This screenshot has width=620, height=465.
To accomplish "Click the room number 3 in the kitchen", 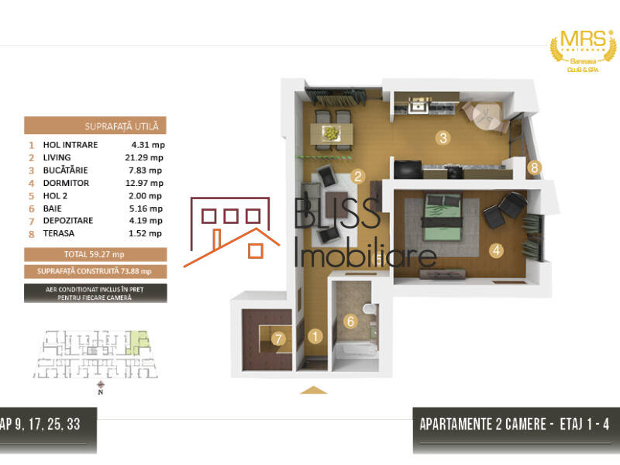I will click(443, 139).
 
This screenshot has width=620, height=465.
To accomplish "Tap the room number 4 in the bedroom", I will click(497, 250).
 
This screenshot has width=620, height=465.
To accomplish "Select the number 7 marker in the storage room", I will click(278, 338).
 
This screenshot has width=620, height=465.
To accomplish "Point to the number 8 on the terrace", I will click(533, 167).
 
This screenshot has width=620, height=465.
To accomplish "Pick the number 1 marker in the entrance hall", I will click(315, 336).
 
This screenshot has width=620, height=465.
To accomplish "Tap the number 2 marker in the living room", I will click(357, 176).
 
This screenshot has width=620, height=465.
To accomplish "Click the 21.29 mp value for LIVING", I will click(147, 157).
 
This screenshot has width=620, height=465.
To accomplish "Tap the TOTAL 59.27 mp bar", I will click(95, 253).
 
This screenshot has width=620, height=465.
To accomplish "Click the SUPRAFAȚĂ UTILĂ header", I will click(95, 126).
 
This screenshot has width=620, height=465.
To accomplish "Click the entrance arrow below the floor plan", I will click(313, 389).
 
